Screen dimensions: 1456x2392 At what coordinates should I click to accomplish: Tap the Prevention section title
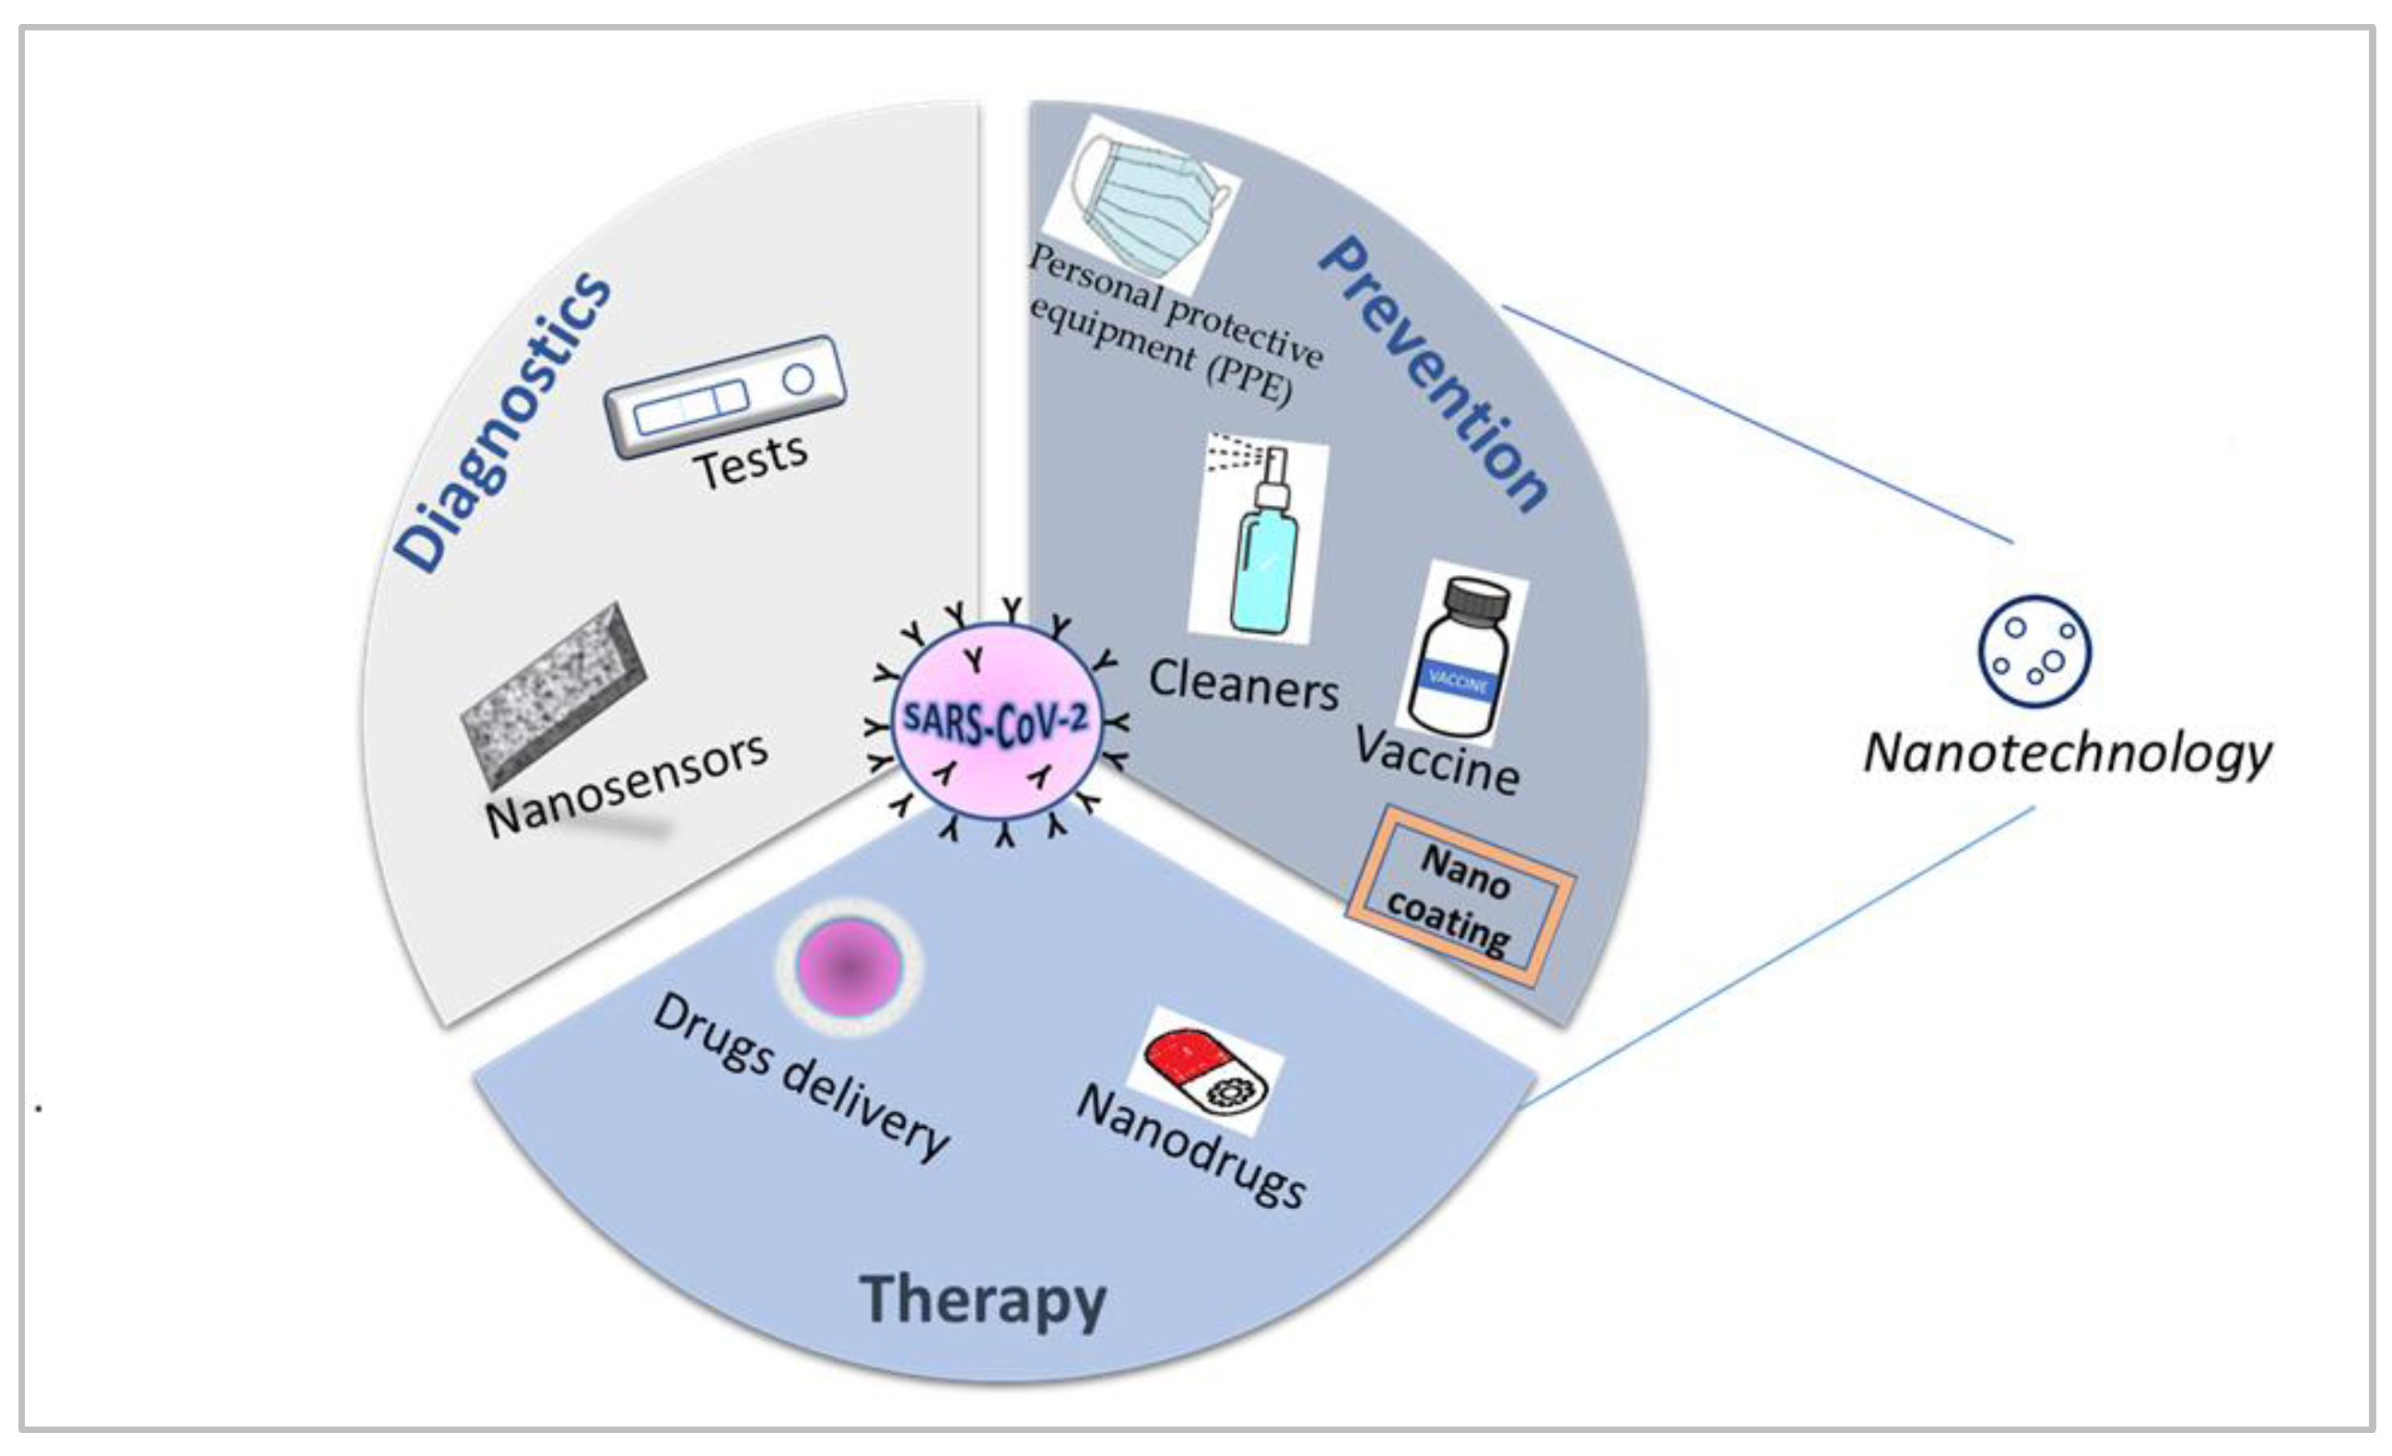[1435, 374]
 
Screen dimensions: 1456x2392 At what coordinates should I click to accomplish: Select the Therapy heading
[982, 1300]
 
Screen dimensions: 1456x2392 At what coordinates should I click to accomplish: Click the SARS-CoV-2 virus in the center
[996, 723]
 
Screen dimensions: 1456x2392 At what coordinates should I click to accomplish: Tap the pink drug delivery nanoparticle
[849, 967]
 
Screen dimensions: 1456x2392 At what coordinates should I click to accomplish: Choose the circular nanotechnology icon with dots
[2034, 651]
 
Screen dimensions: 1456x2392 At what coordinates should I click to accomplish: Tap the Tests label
[750, 462]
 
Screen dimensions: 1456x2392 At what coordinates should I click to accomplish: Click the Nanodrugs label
[1192, 1146]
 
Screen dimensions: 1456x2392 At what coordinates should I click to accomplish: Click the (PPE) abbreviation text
[1250, 382]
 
